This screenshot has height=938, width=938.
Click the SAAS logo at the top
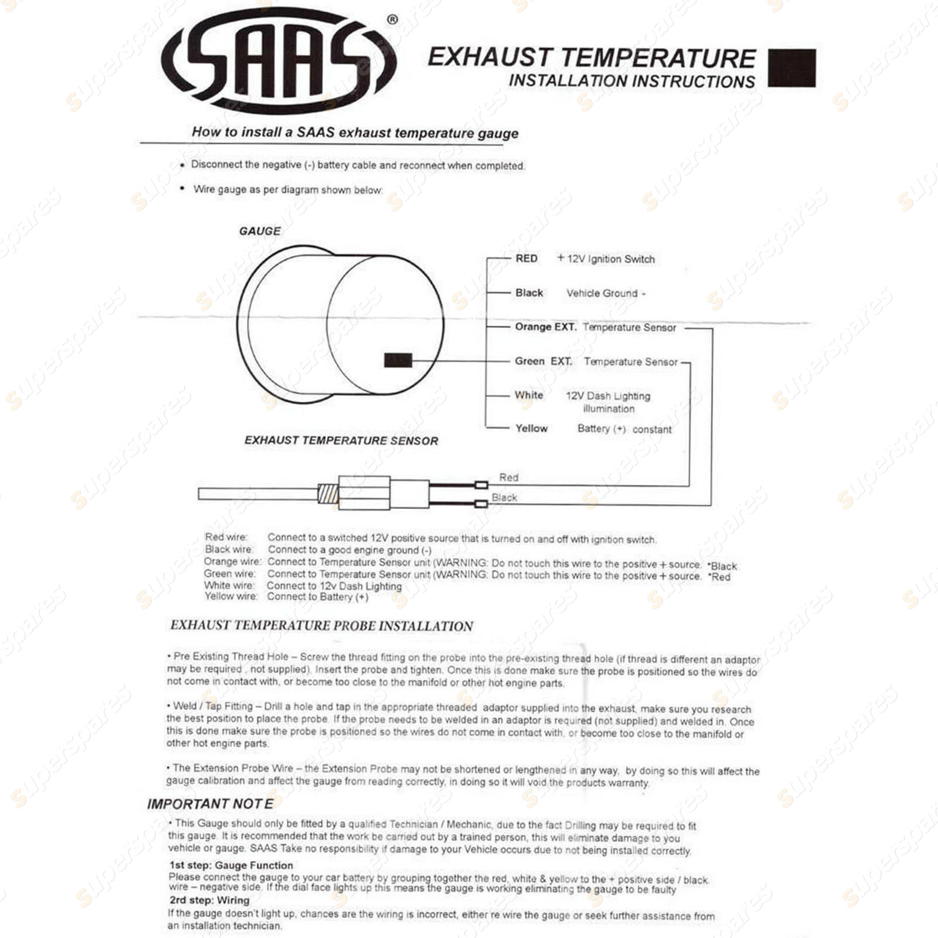(279, 61)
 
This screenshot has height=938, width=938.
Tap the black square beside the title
(791, 68)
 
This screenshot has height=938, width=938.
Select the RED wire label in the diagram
(526, 259)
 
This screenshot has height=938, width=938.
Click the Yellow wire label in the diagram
(531, 429)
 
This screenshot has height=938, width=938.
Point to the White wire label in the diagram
(529, 395)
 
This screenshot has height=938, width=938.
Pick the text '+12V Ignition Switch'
(606, 259)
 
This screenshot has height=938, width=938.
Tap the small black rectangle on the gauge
(397, 361)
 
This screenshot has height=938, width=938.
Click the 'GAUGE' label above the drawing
(260, 231)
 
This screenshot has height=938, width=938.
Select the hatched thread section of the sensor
(328, 494)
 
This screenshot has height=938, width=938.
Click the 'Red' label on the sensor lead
(508, 477)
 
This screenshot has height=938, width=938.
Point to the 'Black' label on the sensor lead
(504, 498)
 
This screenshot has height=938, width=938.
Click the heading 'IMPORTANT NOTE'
(210, 804)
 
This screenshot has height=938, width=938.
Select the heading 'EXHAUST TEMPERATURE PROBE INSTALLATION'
(321, 626)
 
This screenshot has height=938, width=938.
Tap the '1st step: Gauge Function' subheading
(231, 865)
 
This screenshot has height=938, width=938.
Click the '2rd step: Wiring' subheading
(209, 900)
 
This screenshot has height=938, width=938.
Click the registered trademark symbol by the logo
(392, 20)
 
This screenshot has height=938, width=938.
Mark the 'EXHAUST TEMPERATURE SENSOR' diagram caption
(341, 440)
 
